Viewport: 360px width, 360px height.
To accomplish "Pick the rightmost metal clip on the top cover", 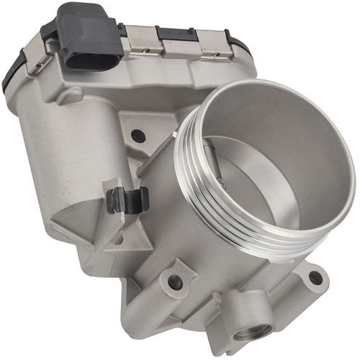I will [x=214, y=44].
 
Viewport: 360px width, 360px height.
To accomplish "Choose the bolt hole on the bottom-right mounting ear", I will [x=315, y=277].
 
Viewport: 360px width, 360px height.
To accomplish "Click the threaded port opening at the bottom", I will [x=252, y=331].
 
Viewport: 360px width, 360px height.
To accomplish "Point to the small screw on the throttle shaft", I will [x=220, y=184].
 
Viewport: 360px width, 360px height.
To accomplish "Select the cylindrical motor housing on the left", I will [x=50, y=151].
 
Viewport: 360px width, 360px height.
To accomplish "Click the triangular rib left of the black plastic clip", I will [x=79, y=216].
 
